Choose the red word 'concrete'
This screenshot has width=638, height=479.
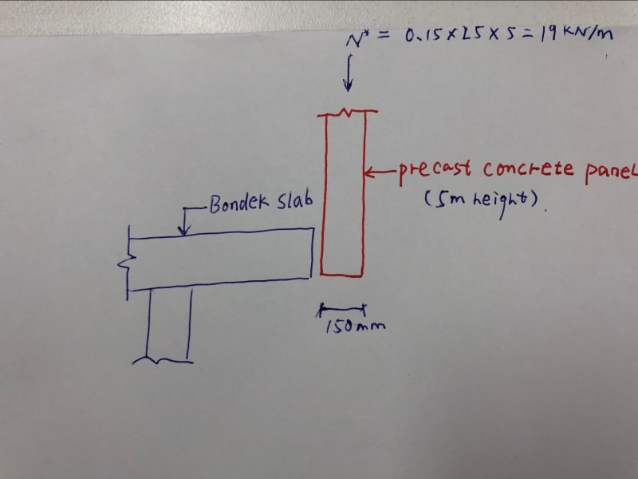pyautogui.click(x=526, y=169)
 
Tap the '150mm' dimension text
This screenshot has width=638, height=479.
pyautogui.click(x=345, y=325)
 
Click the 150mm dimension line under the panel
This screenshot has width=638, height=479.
pyautogui.click(x=343, y=306)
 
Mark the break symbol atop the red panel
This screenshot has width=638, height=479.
pyautogui.click(x=345, y=113)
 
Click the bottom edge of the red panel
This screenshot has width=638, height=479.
pyautogui.click(x=341, y=275)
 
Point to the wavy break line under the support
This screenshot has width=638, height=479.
pyautogui.click(x=163, y=360)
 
